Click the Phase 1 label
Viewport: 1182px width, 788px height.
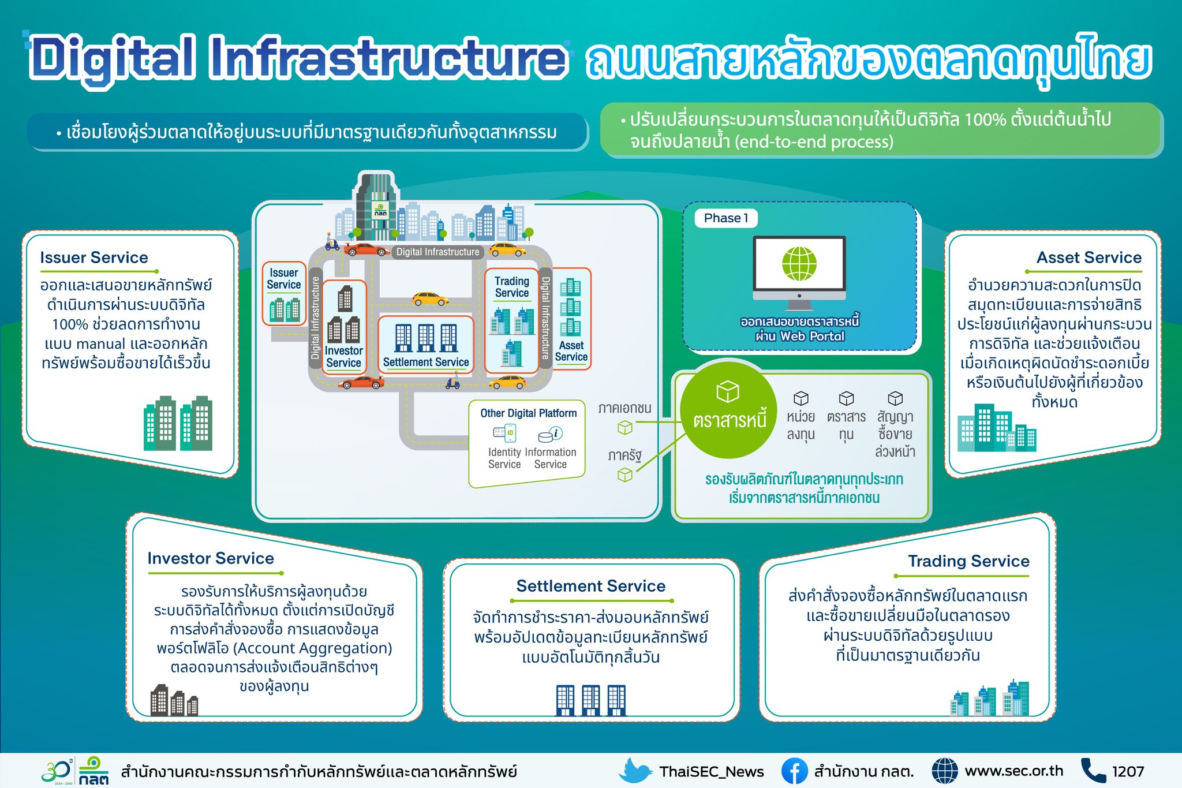[x=725, y=218]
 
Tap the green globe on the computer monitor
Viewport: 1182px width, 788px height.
[x=799, y=264]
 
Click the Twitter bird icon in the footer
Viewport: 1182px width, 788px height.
[x=635, y=771]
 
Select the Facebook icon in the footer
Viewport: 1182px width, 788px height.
[x=794, y=771]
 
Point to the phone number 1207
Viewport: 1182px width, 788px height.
[x=1128, y=771]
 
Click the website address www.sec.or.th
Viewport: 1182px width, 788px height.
[x=1013, y=771]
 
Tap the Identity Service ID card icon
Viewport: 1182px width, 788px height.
[x=504, y=433]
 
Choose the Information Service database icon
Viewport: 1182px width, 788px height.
[x=550, y=434]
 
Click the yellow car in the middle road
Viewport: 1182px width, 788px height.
[x=430, y=298]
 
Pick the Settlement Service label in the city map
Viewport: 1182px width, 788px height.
[x=426, y=362]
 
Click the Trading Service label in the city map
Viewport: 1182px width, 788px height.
[x=511, y=287]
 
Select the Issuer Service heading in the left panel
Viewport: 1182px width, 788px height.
[x=94, y=257]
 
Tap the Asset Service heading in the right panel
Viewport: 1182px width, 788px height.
[x=1089, y=257]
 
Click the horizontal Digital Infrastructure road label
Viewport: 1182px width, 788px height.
[x=437, y=252]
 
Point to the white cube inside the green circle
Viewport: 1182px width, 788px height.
[x=728, y=391]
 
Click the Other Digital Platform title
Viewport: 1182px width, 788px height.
[x=528, y=413]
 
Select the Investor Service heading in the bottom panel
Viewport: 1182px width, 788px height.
[x=211, y=558]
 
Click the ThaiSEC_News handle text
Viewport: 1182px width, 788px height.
[x=712, y=772]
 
